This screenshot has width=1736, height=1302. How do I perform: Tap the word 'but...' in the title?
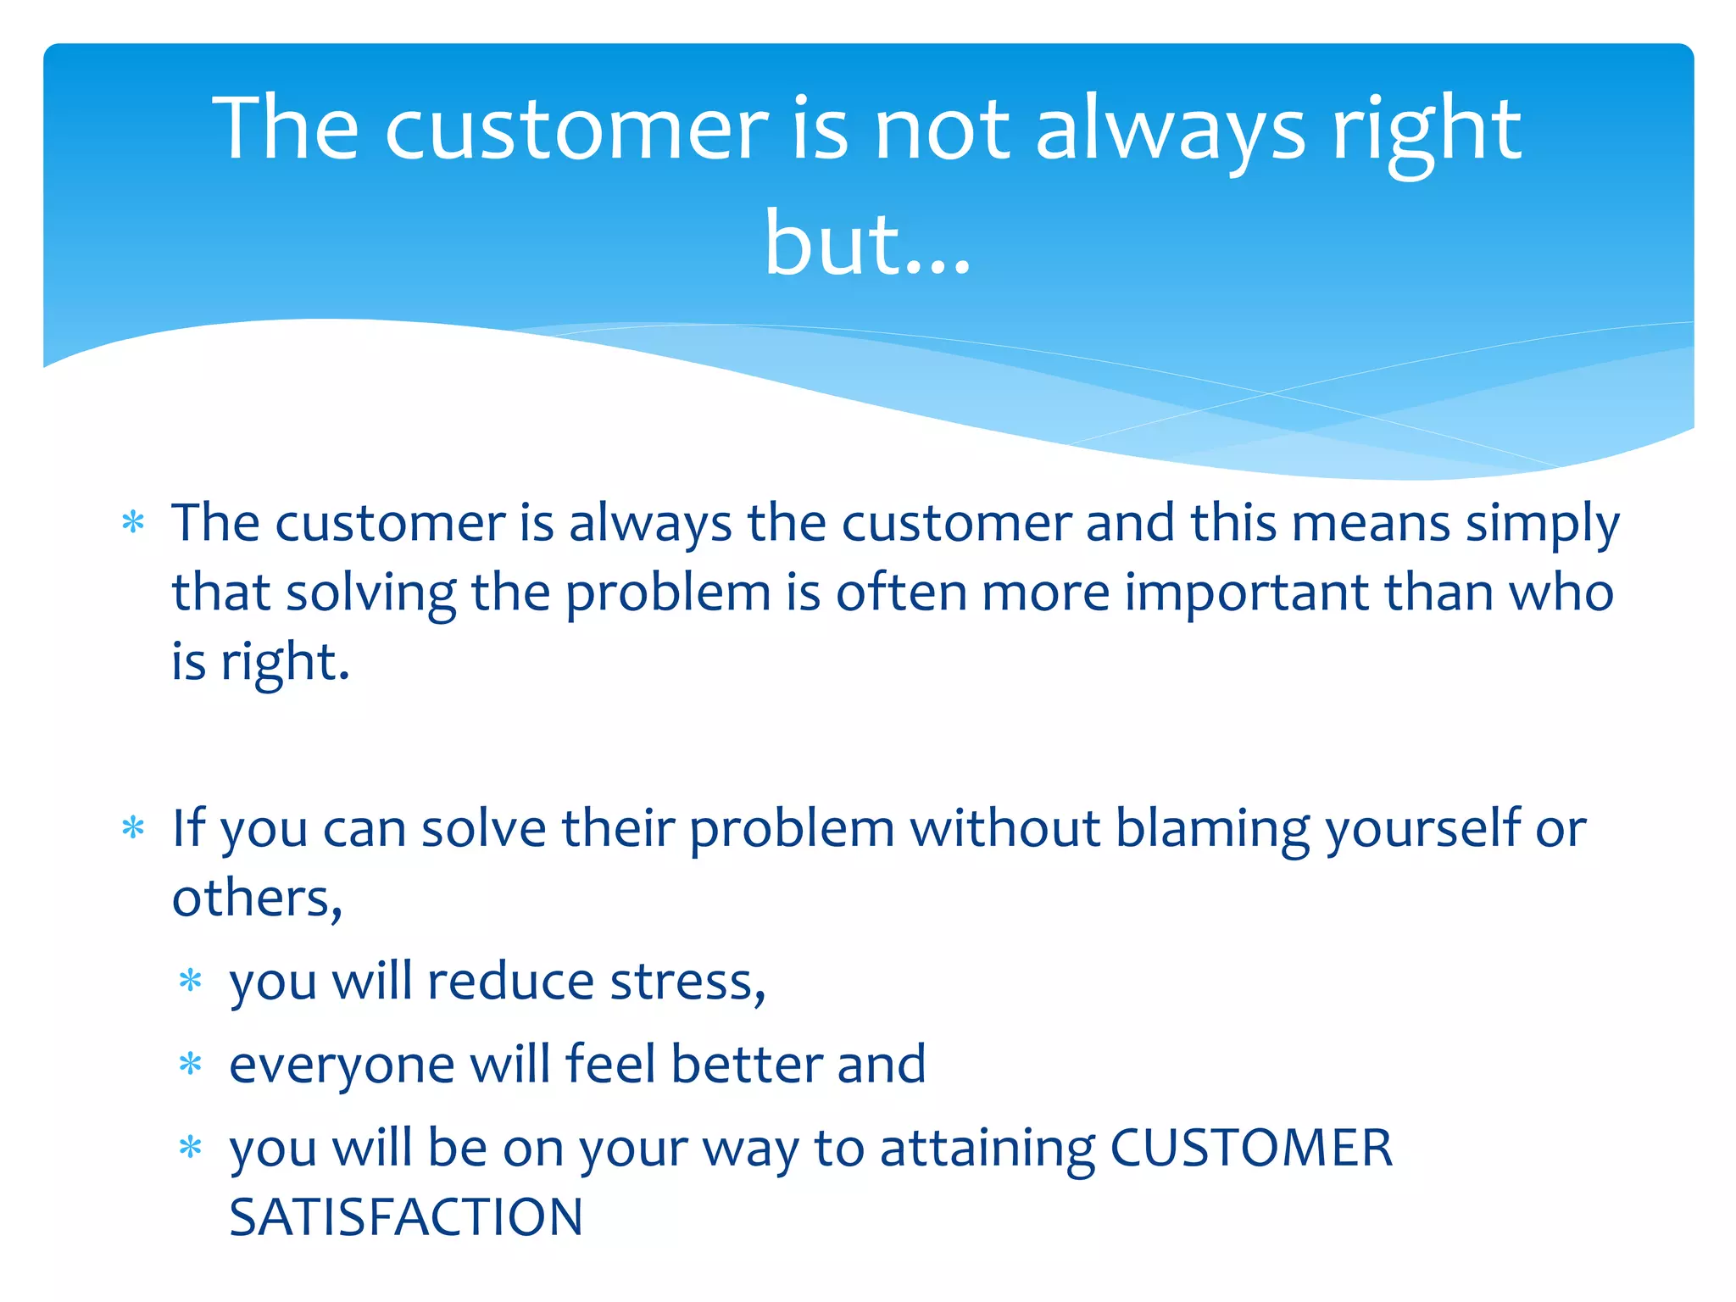(x=867, y=246)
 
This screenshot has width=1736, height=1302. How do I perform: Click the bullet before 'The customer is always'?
(x=133, y=522)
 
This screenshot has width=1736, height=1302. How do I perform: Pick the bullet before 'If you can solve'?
(x=133, y=827)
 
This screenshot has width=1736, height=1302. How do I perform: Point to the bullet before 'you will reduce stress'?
(x=191, y=981)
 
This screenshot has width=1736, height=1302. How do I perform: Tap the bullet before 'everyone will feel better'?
(x=191, y=1064)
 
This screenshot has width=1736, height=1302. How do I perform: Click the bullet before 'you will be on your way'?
(x=191, y=1148)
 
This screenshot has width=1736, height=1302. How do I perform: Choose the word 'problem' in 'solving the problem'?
(x=667, y=593)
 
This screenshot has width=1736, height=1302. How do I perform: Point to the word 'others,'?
(x=257, y=899)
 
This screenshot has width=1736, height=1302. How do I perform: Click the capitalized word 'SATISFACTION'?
(x=406, y=1217)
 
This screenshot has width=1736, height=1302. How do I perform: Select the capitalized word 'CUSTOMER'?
(x=1251, y=1149)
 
